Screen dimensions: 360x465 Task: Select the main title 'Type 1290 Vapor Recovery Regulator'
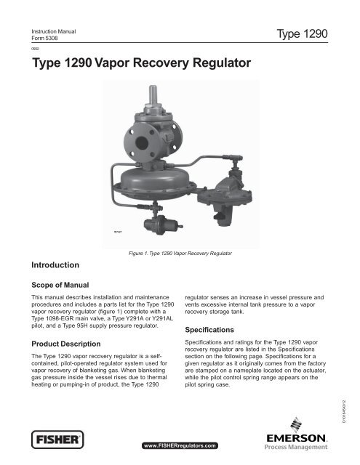tap(142, 65)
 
